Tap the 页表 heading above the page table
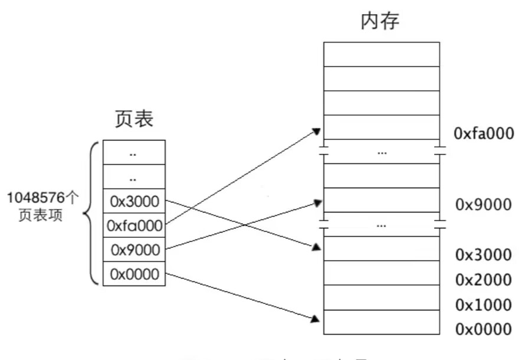134,119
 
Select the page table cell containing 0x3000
134,201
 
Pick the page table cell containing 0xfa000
134,225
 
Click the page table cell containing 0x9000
134,250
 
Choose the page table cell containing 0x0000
134,274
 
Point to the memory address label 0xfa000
484,133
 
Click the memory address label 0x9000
484,205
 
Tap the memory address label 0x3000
484,255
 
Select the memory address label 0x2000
484,280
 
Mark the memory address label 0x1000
484,305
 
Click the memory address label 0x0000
484,329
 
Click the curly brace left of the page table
91,212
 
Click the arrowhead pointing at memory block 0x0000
316,319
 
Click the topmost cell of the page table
134,152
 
